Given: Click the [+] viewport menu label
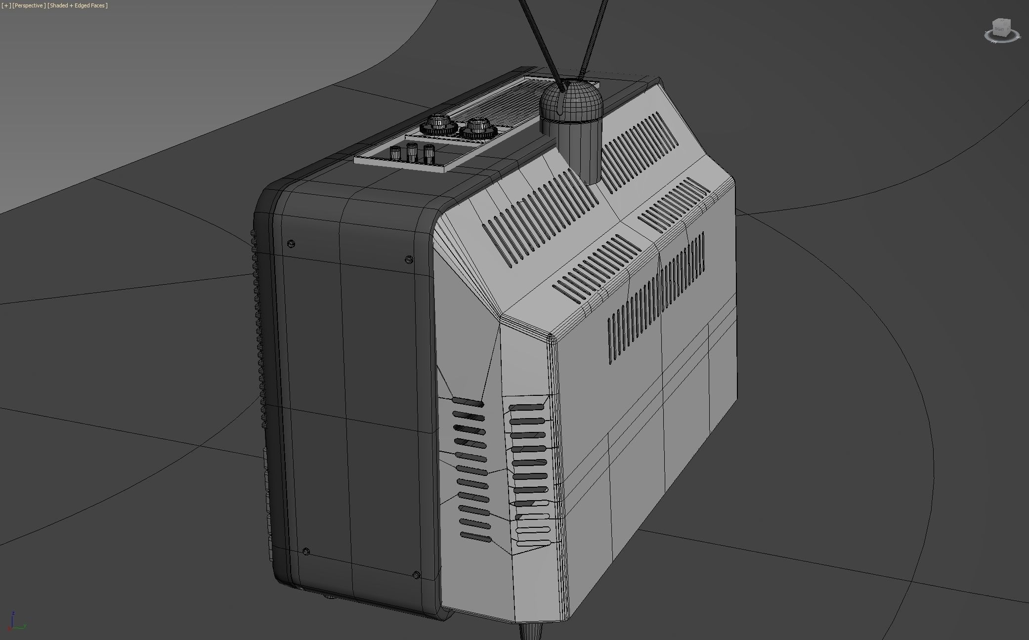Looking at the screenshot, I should (6, 5).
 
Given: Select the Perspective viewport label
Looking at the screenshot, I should (29, 5).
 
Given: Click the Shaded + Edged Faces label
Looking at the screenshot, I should (78, 5).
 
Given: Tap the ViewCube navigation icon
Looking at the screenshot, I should (1001, 30).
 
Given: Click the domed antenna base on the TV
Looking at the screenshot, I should (571, 101).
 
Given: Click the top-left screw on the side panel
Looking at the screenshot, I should (291, 244).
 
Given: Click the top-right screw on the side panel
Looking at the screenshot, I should (409, 259).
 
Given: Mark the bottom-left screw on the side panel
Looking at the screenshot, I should (306, 551).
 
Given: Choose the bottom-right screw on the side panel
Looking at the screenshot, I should (416, 575).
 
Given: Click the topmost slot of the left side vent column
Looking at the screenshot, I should (468, 402).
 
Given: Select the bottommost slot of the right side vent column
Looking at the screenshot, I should (533, 543).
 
